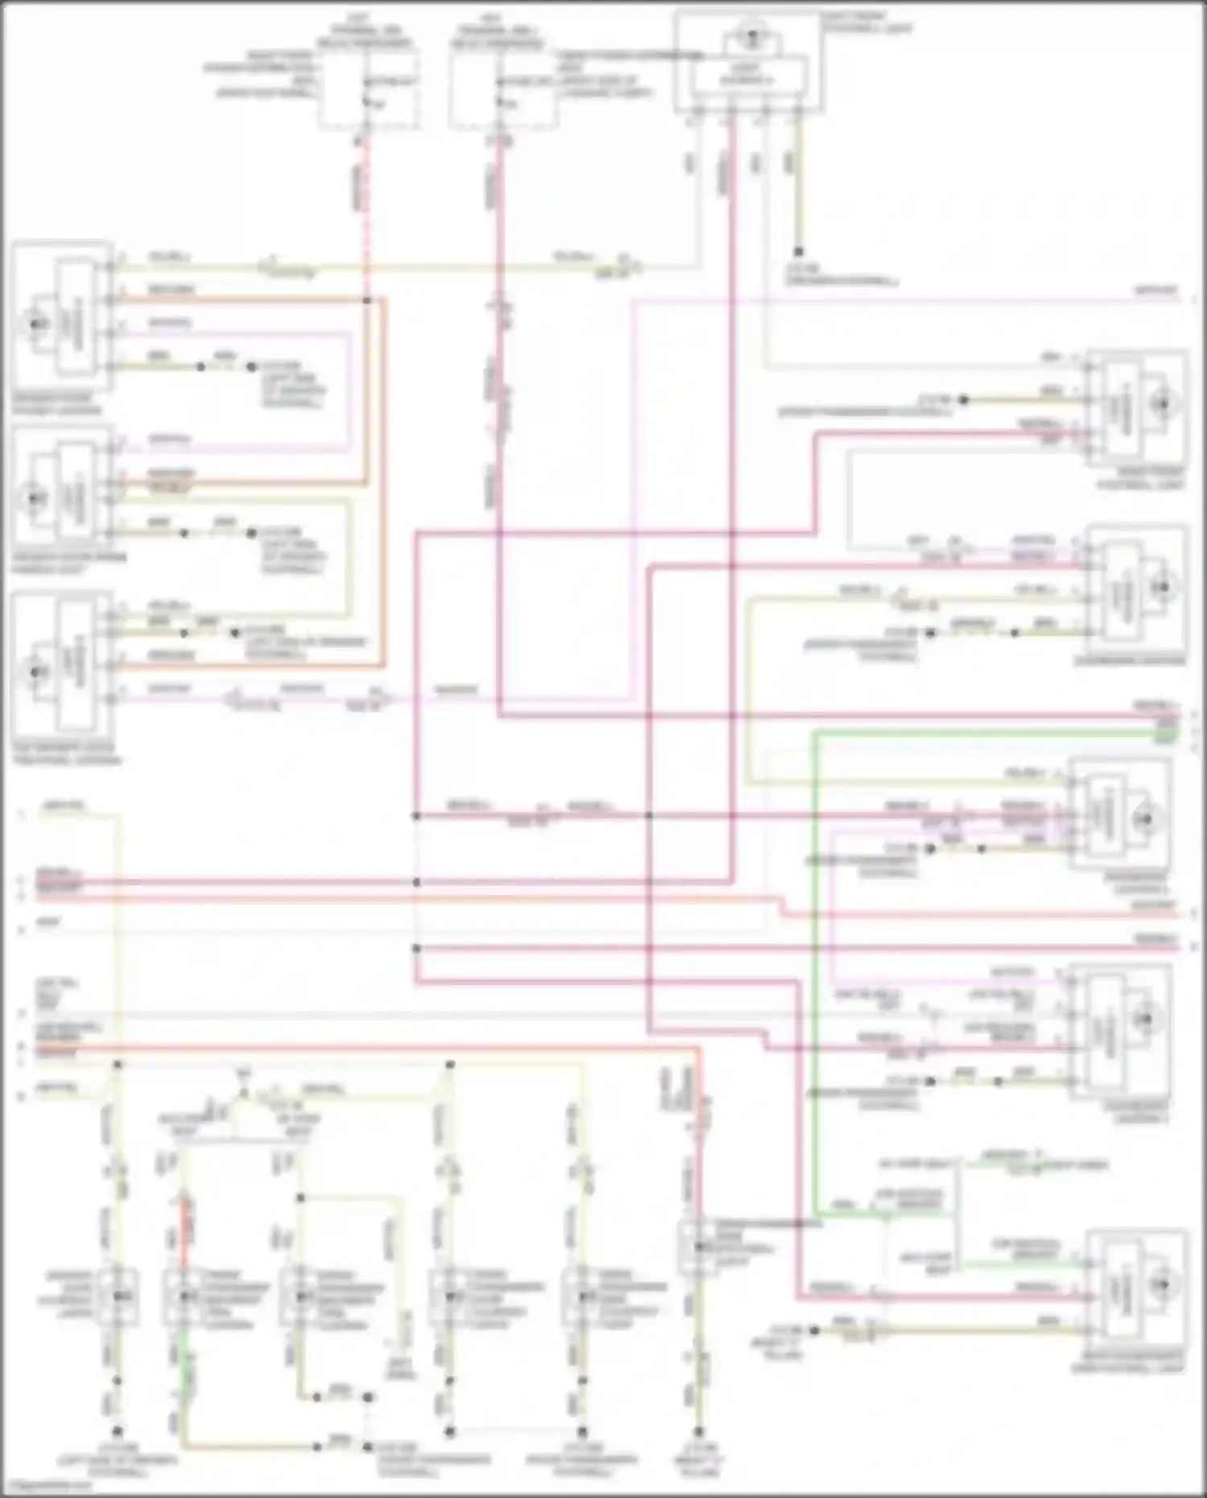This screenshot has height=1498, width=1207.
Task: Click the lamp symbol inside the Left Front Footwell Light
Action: click(x=750, y=36)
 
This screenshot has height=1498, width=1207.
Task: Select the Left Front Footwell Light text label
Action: click(x=864, y=22)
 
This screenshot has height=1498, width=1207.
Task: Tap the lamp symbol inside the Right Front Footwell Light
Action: click(x=1162, y=404)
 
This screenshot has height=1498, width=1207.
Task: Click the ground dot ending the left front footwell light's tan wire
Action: click(x=798, y=252)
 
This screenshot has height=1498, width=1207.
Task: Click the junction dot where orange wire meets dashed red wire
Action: click(x=366, y=300)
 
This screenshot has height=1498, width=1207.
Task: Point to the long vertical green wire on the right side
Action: click(x=814, y=966)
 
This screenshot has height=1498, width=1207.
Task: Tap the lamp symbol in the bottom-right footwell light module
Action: click(x=1162, y=1285)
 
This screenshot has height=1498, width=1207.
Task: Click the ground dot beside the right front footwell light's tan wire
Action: click(x=962, y=400)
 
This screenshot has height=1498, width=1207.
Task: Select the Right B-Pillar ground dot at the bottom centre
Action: click(x=699, y=1431)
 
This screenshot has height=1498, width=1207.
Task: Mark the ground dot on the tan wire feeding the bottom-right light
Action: click(x=814, y=1330)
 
